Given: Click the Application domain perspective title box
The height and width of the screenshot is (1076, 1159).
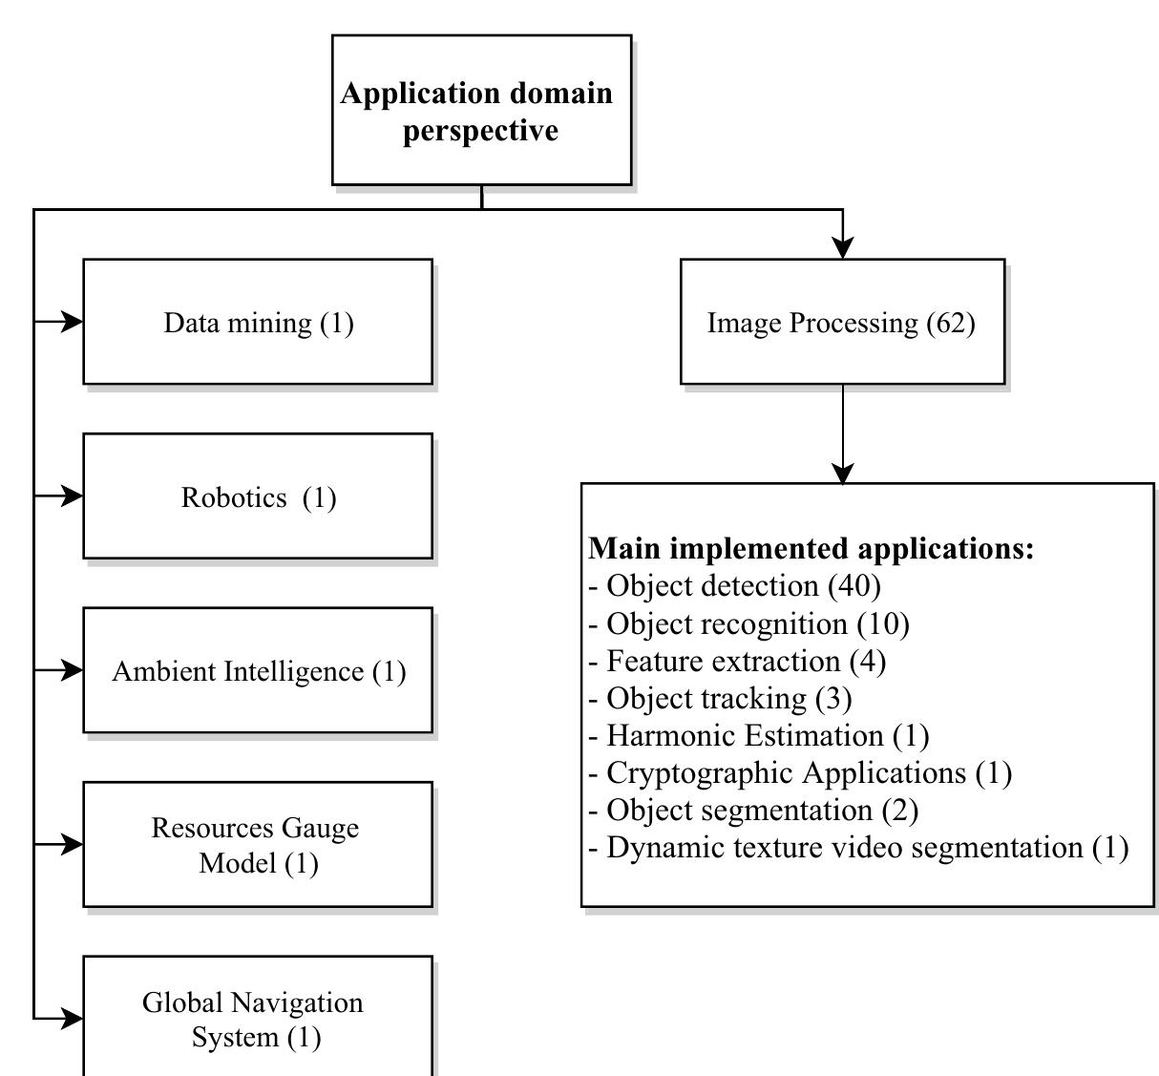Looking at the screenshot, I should pyautogui.click(x=481, y=110).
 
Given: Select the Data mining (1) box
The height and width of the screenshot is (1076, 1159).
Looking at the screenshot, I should pyautogui.click(x=258, y=322).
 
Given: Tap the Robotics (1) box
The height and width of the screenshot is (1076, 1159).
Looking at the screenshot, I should pyautogui.click(x=258, y=496).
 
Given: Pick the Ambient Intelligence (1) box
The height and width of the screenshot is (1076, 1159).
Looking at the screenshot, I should pyautogui.click(x=258, y=670).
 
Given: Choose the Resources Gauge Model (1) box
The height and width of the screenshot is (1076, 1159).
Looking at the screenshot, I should pyautogui.click(x=258, y=844).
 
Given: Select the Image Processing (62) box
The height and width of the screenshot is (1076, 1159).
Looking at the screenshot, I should pyautogui.click(x=842, y=322).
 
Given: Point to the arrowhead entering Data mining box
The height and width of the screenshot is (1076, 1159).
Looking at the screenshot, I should pyautogui.click(x=73, y=322).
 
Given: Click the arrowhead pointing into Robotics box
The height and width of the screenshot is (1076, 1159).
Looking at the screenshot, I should pyautogui.click(x=73, y=496).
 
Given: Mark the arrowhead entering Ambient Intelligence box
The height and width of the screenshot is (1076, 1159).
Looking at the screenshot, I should pyautogui.click(x=73, y=670).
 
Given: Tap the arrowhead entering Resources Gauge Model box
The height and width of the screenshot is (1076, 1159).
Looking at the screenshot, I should pyautogui.click(x=73, y=844).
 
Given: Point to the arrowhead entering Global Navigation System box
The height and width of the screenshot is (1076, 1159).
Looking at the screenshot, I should pyautogui.click(x=73, y=1019).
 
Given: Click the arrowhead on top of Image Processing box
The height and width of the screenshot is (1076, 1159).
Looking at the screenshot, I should pyautogui.click(x=842, y=247).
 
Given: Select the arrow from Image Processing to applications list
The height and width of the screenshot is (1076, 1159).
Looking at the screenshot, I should pyautogui.click(x=842, y=434).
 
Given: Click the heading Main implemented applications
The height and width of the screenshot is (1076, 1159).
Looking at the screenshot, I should pyautogui.click(x=811, y=549).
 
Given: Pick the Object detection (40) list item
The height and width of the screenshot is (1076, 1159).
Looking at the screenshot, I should pyautogui.click(x=735, y=585).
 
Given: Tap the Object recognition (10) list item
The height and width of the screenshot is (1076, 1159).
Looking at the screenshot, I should pyautogui.click(x=749, y=623).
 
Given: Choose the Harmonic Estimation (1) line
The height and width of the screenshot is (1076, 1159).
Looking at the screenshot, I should pyautogui.click(x=759, y=735).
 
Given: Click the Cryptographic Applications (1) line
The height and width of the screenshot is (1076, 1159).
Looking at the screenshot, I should pyautogui.click(x=800, y=772).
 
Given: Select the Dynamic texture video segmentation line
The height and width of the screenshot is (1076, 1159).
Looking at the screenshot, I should pyautogui.click(x=858, y=847).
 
